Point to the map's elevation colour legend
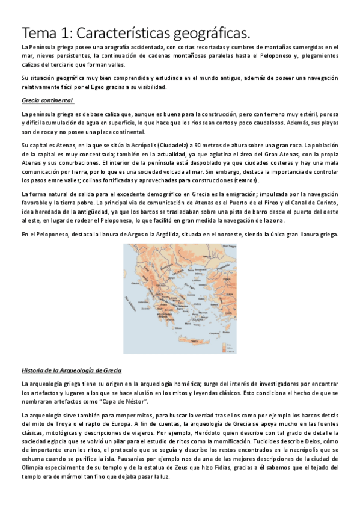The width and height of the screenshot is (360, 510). (227, 342)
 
